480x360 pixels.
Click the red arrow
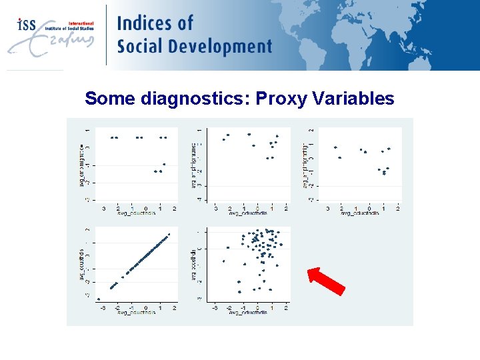tap(326, 281)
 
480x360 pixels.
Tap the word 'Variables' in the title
tap(355, 99)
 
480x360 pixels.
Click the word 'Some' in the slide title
tap(111, 99)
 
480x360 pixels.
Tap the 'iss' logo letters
tap(26, 25)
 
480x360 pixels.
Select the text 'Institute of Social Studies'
tap(69, 29)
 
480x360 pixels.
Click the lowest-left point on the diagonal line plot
tap(99, 299)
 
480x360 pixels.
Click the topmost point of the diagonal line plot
tap(169, 234)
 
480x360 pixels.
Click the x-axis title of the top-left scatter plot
tap(136, 213)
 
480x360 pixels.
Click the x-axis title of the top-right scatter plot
tap(360, 213)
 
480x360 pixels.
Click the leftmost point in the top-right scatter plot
tap(335, 147)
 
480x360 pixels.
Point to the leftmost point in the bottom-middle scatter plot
tap(223, 261)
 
